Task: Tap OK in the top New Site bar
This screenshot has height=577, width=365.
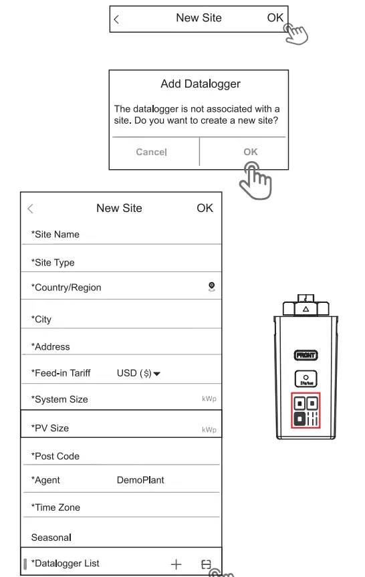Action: (275, 19)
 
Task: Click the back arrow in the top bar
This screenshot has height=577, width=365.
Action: (117, 19)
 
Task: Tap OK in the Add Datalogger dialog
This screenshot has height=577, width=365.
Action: (250, 152)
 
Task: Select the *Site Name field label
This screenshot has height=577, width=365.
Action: (55, 235)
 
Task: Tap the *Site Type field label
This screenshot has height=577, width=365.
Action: (53, 263)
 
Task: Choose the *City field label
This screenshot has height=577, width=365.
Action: (41, 320)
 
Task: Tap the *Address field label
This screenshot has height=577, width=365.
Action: (50, 347)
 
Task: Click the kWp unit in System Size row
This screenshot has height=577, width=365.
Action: (209, 399)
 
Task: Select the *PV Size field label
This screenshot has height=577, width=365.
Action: (50, 429)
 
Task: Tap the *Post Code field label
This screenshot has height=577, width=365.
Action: (55, 457)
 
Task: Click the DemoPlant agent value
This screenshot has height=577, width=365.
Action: (140, 480)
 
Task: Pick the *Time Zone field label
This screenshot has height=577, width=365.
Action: (55, 507)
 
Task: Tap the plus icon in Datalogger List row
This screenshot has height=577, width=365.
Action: (176, 564)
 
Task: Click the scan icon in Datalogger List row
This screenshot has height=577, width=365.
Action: (206, 564)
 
